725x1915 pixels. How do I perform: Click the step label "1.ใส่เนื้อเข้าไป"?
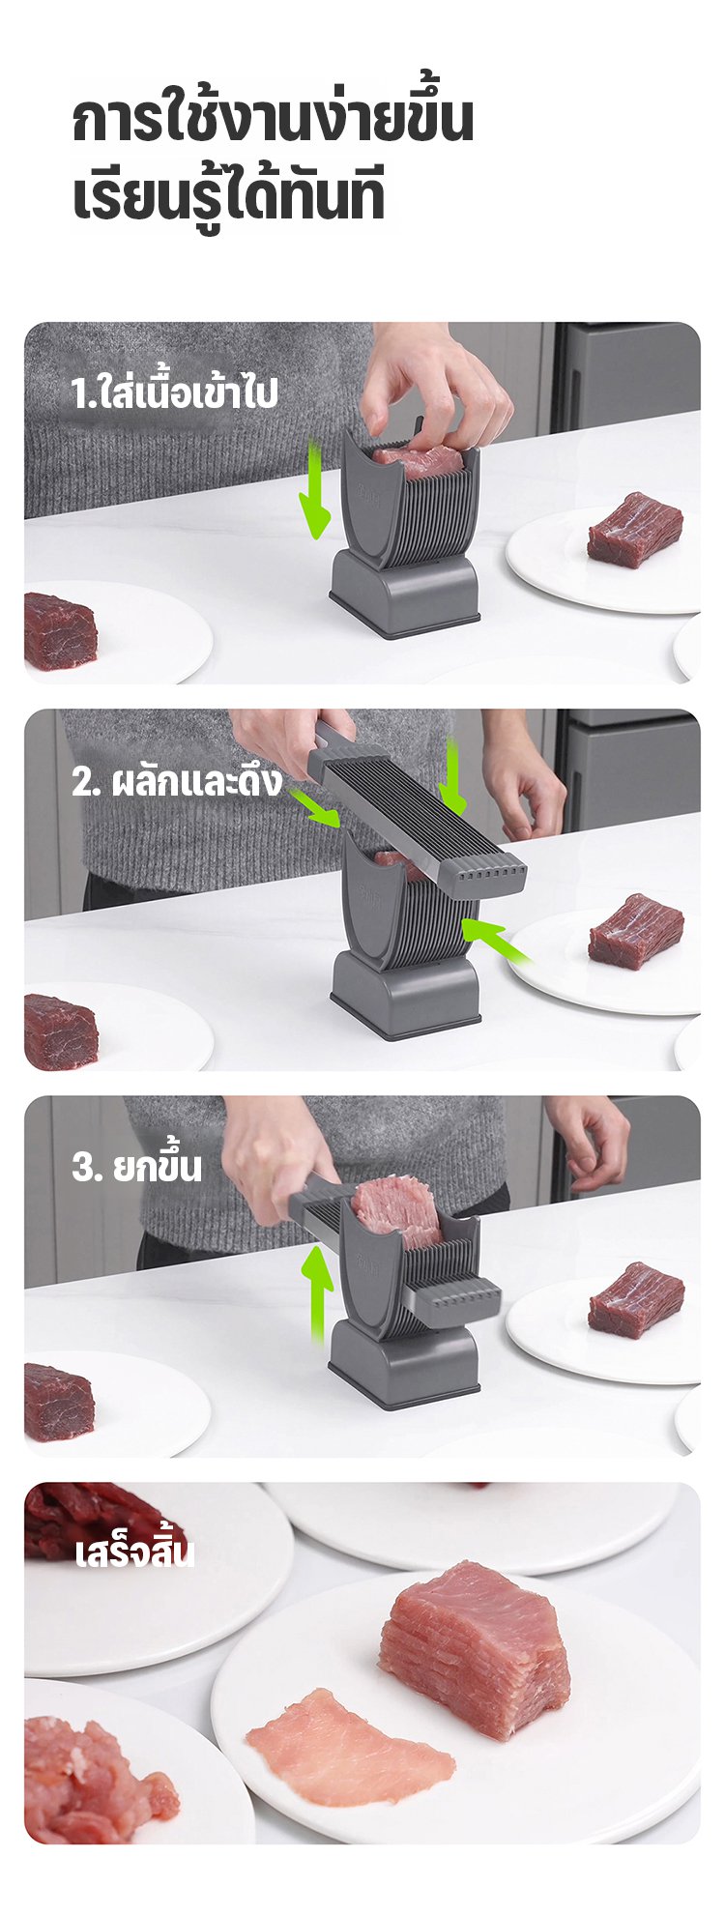click(x=174, y=393)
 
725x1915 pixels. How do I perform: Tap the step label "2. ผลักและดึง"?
click(x=177, y=780)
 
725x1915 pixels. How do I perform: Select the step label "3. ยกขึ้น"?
click(x=136, y=1166)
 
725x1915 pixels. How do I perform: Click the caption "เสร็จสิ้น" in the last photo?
click(x=134, y=1552)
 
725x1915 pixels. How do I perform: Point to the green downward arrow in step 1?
click(x=314, y=488)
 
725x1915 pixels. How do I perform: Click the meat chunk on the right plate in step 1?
click(x=635, y=529)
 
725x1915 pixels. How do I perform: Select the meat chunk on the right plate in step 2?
click(x=636, y=932)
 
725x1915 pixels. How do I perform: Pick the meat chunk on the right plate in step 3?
click(x=636, y=1300)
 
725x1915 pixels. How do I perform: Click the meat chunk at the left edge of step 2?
click(x=60, y=1031)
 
